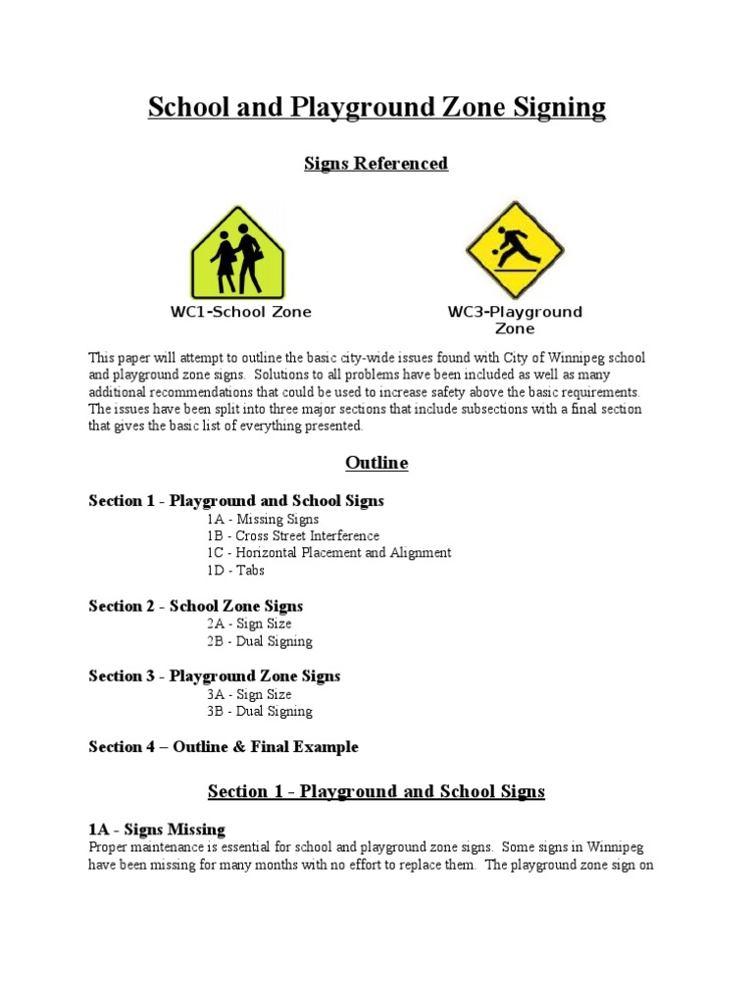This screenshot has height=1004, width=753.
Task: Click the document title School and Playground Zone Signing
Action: click(376, 107)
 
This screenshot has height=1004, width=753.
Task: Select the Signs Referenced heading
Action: click(376, 164)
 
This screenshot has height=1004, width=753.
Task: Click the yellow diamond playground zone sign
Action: click(514, 250)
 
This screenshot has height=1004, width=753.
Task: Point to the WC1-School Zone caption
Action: click(240, 312)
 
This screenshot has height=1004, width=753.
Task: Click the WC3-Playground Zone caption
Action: click(514, 320)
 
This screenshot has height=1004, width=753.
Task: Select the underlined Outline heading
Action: click(376, 463)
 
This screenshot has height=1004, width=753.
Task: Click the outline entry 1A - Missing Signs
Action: click(262, 519)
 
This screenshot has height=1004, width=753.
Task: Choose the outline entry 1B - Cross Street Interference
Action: click(292, 536)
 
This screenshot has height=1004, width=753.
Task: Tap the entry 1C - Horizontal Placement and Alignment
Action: click(328, 553)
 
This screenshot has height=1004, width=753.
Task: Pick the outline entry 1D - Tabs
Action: click(235, 571)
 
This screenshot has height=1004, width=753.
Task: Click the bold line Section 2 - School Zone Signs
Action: click(196, 606)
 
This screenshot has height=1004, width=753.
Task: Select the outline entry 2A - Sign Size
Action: click(248, 624)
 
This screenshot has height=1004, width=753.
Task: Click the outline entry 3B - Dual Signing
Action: click(259, 711)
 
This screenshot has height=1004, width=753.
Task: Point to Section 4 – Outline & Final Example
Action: click(224, 746)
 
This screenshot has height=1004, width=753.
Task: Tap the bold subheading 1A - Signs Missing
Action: click(157, 828)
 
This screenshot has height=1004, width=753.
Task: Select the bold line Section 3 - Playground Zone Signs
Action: click(215, 676)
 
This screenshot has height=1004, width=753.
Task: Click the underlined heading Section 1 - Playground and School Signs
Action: click(376, 791)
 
